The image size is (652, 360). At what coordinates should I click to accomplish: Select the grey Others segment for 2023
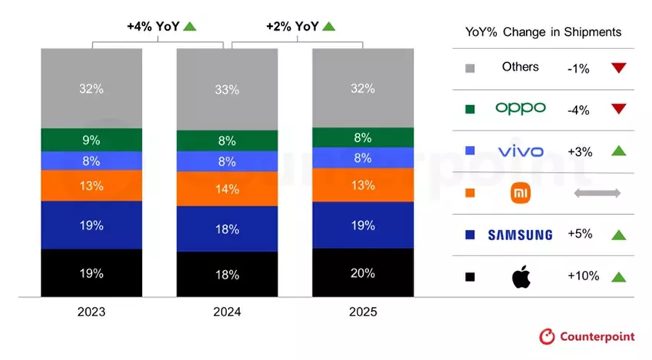(91, 88)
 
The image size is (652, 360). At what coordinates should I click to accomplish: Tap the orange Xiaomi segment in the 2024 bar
(227, 188)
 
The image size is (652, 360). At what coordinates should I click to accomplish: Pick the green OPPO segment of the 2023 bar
(91, 140)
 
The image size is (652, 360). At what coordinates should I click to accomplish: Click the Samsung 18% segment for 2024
(227, 229)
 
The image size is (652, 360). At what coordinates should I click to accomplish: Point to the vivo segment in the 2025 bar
(362, 157)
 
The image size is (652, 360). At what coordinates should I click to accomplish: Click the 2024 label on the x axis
(227, 312)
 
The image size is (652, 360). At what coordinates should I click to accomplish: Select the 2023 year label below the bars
(91, 312)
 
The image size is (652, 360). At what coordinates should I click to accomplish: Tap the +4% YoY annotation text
(153, 26)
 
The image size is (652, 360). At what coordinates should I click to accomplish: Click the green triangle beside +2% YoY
(329, 26)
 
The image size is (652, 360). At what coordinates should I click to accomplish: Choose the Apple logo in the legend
(521, 276)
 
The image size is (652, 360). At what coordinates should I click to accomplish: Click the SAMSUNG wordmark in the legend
(520, 235)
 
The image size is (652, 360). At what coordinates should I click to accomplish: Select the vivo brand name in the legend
(521, 151)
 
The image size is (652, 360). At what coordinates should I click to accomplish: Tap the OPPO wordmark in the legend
(521, 108)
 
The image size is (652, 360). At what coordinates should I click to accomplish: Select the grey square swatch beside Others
(469, 68)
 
